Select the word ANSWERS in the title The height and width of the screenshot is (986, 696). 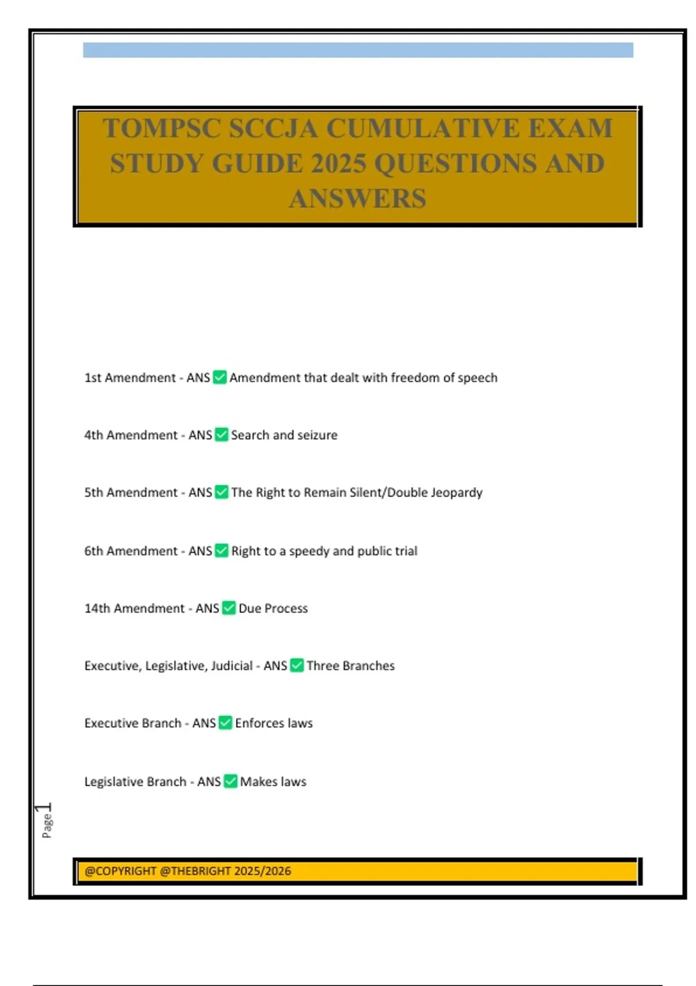click(357, 199)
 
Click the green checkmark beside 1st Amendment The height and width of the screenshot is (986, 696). click(220, 378)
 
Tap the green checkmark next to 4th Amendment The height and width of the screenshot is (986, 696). click(222, 435)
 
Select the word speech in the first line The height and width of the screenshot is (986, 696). click(477, 378)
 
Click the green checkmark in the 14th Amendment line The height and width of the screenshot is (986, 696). click(229, 608)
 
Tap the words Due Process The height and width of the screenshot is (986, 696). click(273, 608)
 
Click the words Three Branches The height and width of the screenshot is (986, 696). click(350, 666)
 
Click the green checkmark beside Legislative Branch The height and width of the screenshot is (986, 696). click(230, 781)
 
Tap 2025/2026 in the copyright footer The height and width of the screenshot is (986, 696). click(264, 871)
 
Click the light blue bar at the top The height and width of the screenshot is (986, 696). click(358, 50)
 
